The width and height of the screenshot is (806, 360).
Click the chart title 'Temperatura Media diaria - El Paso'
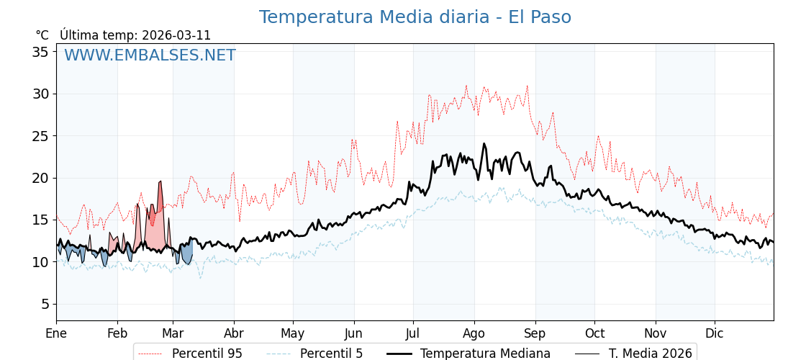coord(415,17)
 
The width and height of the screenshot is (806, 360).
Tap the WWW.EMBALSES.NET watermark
coord(150,55)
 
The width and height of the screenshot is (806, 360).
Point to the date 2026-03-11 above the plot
coord(176,35)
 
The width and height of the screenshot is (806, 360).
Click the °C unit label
coord(42,35)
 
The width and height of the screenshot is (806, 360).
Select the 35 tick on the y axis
coord(40,52)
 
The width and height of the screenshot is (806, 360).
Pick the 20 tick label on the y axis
coord(40,178)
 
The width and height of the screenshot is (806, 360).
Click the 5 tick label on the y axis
coord(45,304)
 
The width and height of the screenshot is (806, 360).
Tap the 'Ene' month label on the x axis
coord(56,333)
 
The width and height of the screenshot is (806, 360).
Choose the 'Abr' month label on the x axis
coord(234,333)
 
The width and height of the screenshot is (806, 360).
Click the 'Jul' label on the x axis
coord(413,333)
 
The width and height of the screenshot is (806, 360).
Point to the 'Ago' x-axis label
coord(474,333)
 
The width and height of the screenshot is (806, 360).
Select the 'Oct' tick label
coord(594,333)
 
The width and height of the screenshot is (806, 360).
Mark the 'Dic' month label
coord(715,333)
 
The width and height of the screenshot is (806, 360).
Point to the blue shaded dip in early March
coord(186,253)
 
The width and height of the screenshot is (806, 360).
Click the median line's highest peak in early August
coord(484,144)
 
